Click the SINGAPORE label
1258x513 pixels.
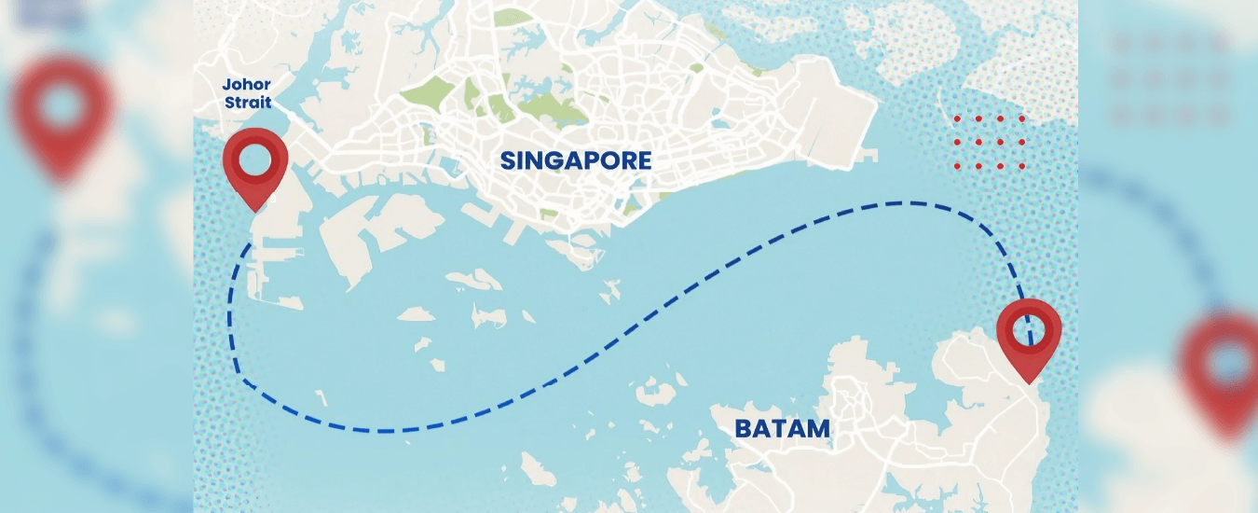[576, 160]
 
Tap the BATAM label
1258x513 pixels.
[782, 429]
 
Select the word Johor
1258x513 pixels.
[247, 85]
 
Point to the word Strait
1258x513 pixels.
[247, 103]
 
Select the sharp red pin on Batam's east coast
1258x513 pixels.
[1028, 336]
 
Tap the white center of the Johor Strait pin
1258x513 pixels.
[254, 160]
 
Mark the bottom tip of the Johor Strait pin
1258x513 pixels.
[254, 210]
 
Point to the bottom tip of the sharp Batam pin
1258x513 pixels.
[1028, 382]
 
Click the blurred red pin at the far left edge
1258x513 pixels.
[62, 112]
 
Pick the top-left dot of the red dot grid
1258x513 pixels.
[957, 119]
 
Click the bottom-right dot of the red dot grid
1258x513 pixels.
[1022, 166]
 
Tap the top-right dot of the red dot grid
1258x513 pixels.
[1022, 119]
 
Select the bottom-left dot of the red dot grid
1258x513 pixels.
[957, 166]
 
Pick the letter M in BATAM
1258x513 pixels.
[816, 429]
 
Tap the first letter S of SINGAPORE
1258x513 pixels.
[508, 160]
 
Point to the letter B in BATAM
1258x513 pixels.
[744, 429]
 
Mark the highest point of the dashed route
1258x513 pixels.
[899, 201]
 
